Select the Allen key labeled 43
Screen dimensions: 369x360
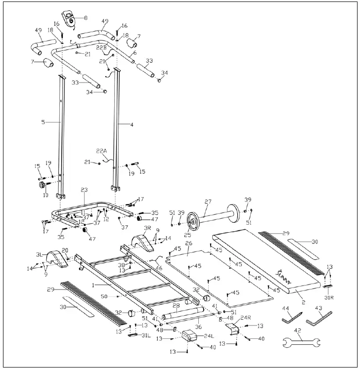point(318,319)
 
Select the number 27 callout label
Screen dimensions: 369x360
point(208,202)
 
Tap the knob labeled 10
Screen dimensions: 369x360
point(43,185)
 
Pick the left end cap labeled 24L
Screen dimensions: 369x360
point(189,336)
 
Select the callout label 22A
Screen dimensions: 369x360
point(101,150)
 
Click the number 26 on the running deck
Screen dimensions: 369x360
point(188,244)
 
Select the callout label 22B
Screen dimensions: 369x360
point(101,47)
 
